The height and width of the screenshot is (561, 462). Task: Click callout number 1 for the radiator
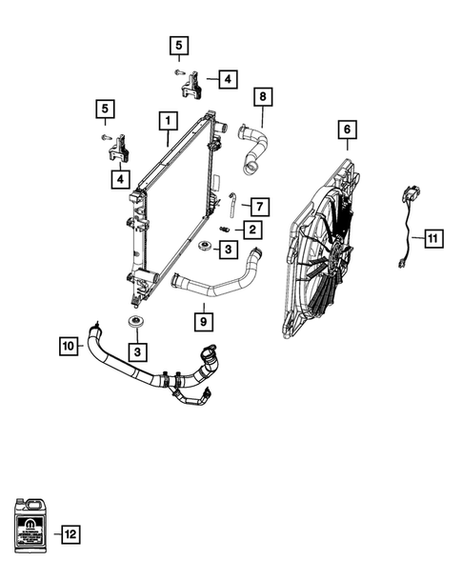pyautogui.click(x=167, y=121)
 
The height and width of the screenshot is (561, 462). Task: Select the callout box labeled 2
pyautogui.click(x=251, y=229)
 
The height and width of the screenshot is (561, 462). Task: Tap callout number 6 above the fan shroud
pyautogui.click(x=347, y=129)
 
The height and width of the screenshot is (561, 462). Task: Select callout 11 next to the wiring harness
pyautogui.click(x=432, y=238)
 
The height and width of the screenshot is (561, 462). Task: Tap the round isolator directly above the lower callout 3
pyautogui.click(x=135, y=320)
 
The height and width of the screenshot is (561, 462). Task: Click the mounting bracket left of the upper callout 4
pyautogui.click(x=191, y=85)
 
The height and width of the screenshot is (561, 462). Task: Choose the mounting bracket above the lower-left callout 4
pyautogui.click(x=118, y=150)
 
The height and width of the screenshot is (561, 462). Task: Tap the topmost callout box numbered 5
pyautogui.click(x=180, y=45)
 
